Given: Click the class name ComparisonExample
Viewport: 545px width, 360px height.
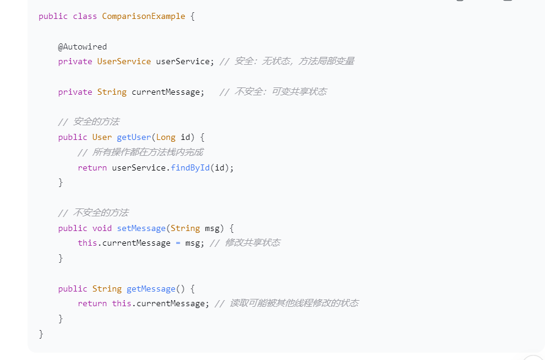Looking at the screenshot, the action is [143, 17].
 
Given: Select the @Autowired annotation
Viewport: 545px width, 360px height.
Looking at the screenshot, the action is [83, 46].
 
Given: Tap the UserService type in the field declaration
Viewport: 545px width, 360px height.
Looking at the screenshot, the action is [124, 61].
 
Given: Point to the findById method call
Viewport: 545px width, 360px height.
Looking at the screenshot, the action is [190, 167].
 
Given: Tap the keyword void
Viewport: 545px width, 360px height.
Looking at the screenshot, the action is [102, 228].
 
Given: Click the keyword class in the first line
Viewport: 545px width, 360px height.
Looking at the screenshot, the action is [85, 17].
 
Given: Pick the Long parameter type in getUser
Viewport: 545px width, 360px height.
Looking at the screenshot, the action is [166, 137].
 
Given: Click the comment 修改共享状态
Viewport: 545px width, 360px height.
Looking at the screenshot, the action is [252, 243].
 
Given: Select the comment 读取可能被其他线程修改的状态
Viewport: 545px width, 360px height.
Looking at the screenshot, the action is [294, 304].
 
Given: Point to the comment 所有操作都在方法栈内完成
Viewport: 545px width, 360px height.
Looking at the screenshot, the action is [147, 152].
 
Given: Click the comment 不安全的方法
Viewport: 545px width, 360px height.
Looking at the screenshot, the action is [100, 213].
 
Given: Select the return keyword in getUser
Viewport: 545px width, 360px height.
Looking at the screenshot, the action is [92, 167].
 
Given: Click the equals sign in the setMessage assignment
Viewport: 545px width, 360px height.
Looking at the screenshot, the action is [178, 243].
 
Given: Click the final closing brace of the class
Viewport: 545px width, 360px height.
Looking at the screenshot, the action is [41, 334].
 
